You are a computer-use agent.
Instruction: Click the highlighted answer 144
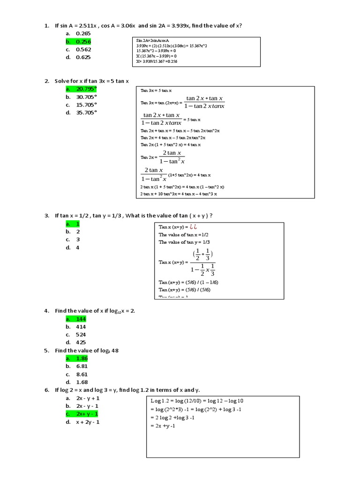81,319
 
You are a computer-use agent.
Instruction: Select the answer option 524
81,335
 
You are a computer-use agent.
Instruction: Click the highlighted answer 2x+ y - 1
88,414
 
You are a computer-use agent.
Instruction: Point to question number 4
47,311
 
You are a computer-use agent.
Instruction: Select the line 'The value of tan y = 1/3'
184,242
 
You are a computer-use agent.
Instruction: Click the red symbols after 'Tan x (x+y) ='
194,227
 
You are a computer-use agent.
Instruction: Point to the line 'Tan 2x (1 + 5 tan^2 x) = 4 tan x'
171,145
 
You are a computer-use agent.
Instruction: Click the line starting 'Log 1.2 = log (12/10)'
196,401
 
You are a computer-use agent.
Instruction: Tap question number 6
47,390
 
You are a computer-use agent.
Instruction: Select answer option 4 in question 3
78,247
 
